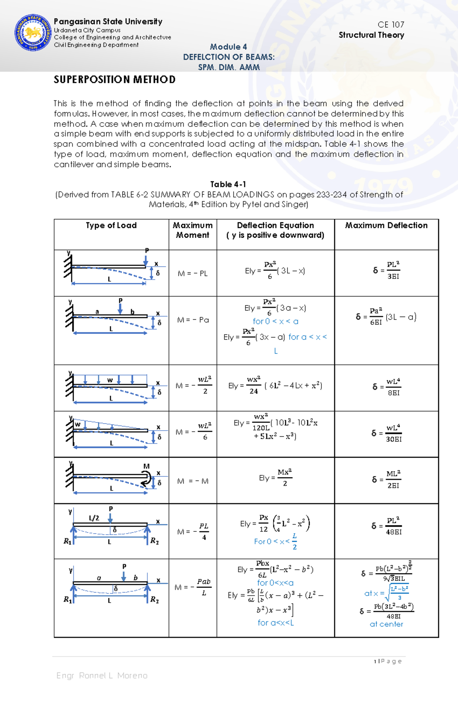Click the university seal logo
(x=33, y=33)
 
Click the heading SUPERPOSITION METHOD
(x=114, y=79)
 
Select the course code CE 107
(x=390, y=24)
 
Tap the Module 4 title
(x=228, y=47)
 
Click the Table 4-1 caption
(x=228, y=184)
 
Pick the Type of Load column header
(x=111, y=225)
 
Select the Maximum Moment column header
(x=193, y=230)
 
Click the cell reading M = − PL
(x=193, y=274)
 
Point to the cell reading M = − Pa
(x=193, y=320)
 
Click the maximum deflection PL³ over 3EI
(x=386, y=270)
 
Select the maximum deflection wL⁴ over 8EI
(x=386, y=387)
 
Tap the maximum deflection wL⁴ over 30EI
(x=386, y=433)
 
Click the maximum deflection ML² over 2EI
(x=386, y=479)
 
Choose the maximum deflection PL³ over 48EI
(x=386, y=526)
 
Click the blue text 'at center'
(x=386, y=624)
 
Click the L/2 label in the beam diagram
(x=94, y=518)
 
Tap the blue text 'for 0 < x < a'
(x=275, y=321)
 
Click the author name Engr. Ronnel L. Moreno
(x=102, y=675)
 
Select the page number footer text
(x=388, y=661)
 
